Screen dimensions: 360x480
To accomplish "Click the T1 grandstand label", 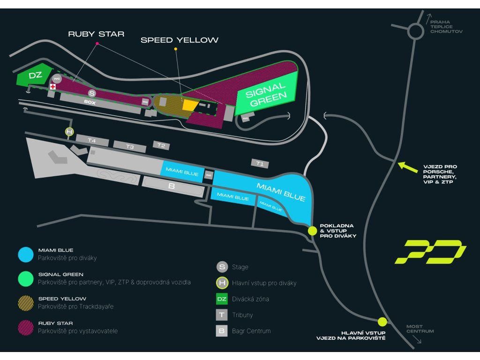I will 260,164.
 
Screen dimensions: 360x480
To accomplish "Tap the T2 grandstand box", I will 161,146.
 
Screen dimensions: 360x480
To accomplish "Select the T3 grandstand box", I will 130,147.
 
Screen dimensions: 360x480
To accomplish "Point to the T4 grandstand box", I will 92,140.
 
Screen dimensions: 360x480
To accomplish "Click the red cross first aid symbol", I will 53,87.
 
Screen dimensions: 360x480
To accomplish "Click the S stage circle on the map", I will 92,93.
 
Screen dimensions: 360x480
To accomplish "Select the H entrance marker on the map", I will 69,132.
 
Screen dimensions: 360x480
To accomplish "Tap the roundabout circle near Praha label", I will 415,31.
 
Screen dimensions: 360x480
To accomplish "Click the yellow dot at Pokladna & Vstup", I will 312,231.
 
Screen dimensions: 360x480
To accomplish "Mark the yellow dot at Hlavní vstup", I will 382,322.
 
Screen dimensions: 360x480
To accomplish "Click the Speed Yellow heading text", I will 180,40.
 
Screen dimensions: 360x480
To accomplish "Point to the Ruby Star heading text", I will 96,34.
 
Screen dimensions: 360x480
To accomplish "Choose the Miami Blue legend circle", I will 26,254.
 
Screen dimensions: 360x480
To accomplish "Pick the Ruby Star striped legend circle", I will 26,327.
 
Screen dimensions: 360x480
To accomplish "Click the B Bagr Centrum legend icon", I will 222,331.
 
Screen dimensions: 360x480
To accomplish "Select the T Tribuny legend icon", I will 222,315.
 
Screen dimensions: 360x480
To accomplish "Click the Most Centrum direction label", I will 420,329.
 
